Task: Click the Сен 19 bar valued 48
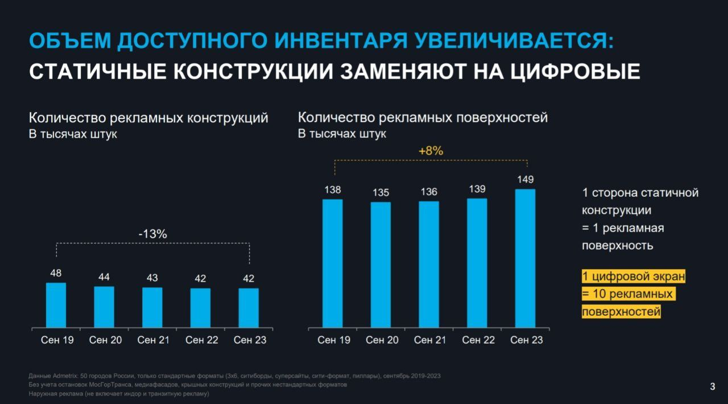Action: click(56, 305)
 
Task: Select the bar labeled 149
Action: click(525, 258)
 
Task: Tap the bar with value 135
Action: click(380, 265)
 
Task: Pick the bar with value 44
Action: click(104, 307)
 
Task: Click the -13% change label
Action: click(152, 234)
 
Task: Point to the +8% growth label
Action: click(431, 151)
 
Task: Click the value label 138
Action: click(333, 190)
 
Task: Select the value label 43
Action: click(152, 278)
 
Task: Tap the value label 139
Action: click(477, 189)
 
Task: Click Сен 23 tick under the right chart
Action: click(526, 340)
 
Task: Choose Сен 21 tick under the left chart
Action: click(153, 340)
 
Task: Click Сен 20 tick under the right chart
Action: click(382, 340)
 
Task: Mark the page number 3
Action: click(713, 387)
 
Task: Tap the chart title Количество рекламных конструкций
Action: click(148, 118)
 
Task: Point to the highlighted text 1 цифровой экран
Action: click(634, 277)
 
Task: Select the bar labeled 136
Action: click(429, 264)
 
